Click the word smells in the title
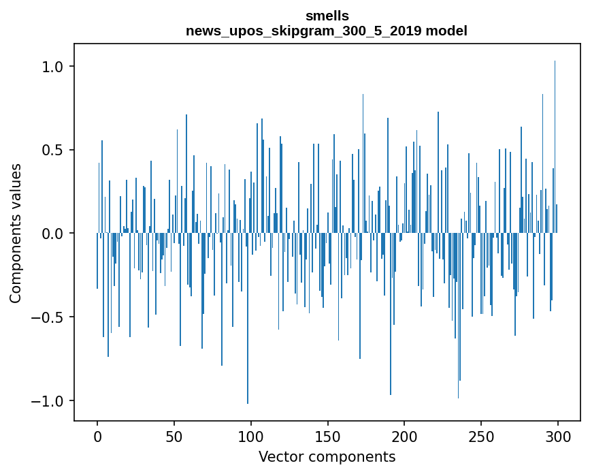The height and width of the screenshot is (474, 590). click(327, 16)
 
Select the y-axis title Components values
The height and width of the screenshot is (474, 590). click(16, 233)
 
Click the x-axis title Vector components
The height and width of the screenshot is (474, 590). click(327, 456)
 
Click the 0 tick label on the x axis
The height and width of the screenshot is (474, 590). click(97, 436)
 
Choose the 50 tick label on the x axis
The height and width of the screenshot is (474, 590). click(174, 436)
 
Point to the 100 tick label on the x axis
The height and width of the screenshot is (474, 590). click(251, 436)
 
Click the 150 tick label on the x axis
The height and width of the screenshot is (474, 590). click(328, 436)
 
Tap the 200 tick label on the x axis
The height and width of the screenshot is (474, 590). click(405, 436)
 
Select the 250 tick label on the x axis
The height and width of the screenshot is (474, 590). click(481, 436)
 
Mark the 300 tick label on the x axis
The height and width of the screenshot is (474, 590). click(558, 436)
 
